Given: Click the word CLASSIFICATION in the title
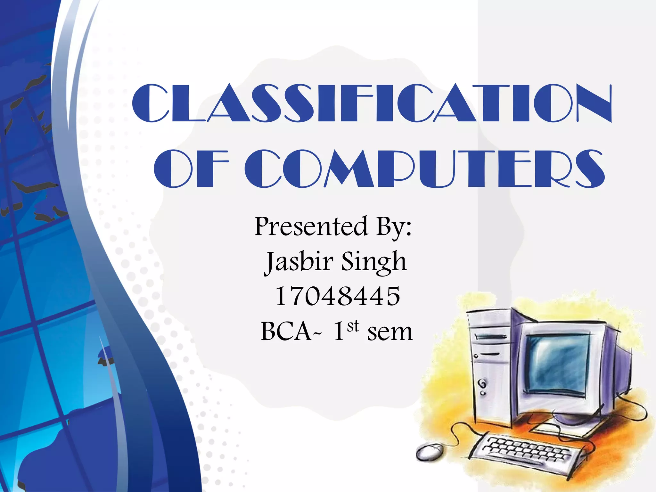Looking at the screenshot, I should point(372,103).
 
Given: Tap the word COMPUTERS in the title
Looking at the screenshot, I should point(425,168).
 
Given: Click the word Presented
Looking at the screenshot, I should point(311,227).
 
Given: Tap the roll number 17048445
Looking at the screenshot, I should point(338,297).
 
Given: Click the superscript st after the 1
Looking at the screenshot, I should point(353,326).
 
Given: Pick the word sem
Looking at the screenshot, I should point(389,332).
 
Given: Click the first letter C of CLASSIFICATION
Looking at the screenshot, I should point(151,103).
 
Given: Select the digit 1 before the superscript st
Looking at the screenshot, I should point(339,332).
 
